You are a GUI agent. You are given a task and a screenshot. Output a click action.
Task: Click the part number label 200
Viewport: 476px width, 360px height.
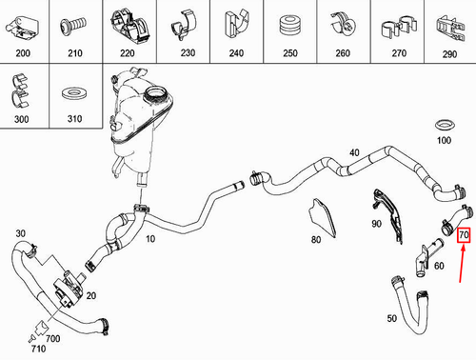tap(21, 55)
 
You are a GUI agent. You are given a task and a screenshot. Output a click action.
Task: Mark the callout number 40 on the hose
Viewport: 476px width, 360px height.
tap(354, 152)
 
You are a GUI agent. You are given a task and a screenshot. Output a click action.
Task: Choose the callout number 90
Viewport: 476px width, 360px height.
tap(376, 224)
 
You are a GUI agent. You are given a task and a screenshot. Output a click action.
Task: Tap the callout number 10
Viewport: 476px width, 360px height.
tap(149, 239)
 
